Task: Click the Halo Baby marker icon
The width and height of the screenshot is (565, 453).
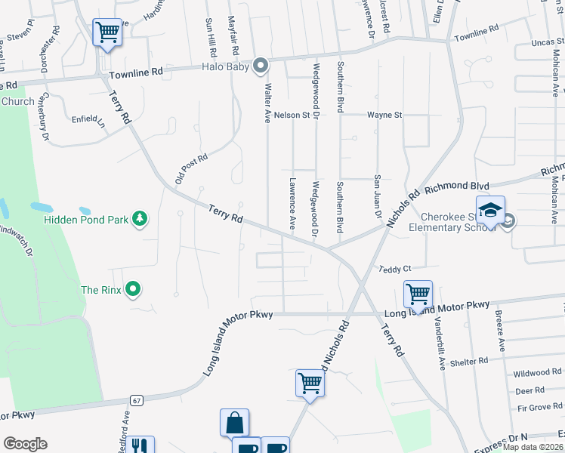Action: [261, 66]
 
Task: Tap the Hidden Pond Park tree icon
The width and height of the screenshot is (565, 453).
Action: [139, 219]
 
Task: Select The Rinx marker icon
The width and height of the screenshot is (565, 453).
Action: [134, 289]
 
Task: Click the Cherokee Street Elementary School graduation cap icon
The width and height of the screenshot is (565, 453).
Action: [489, 211]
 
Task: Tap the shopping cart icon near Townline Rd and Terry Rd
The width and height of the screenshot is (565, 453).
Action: [107, 33]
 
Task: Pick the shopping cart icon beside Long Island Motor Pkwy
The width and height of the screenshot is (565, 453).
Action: [417, 293]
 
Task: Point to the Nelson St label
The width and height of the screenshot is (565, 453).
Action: [292, 115]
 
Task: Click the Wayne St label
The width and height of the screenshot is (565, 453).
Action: [384, 115]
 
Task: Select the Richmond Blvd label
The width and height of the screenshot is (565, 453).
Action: [458, 186]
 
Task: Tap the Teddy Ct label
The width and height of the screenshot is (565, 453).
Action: [394, 269]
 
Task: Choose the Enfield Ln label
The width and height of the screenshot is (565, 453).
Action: [88, 119]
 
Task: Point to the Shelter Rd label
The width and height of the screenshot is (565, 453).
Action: [470, 362]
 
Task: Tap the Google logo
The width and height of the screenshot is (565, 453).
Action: [25, 444]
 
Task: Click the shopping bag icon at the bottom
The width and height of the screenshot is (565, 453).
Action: [234, 423]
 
